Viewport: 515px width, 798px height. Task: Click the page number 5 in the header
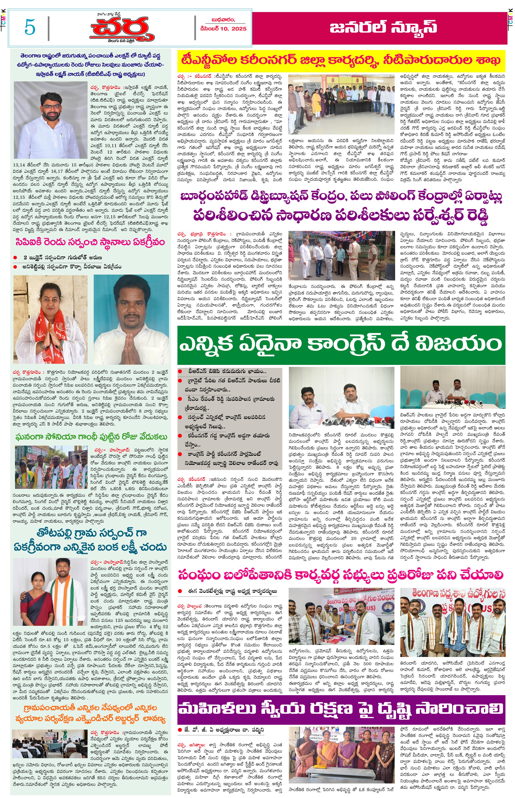pos(30,27)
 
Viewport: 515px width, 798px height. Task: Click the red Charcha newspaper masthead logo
pos(122,29)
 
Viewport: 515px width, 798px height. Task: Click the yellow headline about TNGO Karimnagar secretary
pos(341,61)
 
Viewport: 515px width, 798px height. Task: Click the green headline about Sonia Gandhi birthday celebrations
pos(91,437)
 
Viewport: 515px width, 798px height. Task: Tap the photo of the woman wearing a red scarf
pos(50,319)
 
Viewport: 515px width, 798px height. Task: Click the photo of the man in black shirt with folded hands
pos(131,319)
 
